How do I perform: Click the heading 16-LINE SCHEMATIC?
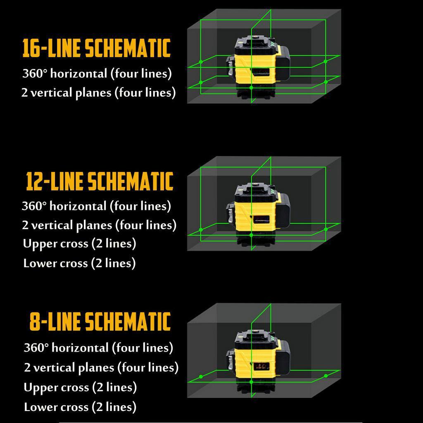pos(96,49)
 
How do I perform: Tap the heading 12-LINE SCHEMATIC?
pos(99,181)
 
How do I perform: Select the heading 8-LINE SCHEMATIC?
pos(100,322)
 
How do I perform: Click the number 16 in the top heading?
pos(31,49)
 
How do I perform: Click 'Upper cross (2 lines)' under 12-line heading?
pos(79,244)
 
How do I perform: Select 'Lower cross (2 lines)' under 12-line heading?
pos(79,263)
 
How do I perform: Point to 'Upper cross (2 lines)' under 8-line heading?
pos(80,387)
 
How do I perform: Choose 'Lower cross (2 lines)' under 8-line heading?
pos(80,407)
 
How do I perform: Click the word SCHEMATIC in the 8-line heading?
pos(128,322)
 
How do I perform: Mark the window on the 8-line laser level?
pos(261,366)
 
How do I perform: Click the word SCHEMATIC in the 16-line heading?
pos(128,49)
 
